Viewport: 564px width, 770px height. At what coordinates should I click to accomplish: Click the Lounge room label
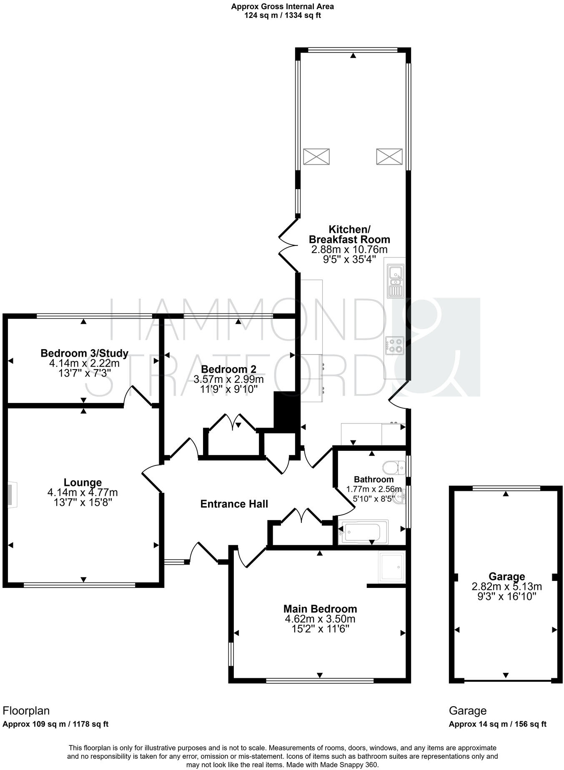point(83,482)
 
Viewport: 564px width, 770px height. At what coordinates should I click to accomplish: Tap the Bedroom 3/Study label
point(84,353)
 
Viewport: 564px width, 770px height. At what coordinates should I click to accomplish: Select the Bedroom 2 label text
point(228,369)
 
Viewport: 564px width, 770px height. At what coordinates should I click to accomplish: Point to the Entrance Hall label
point(234,504)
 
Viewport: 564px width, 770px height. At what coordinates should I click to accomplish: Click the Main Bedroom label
point(320,609)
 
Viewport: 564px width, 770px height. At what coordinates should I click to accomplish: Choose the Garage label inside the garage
point(506,577)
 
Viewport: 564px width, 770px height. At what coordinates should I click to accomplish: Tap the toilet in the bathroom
point(393,467)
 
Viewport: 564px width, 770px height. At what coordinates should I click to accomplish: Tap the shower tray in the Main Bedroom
point(391,567)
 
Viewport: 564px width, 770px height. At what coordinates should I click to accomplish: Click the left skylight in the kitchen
point(316,157)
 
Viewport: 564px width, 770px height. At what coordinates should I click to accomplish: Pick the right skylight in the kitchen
point(389,157)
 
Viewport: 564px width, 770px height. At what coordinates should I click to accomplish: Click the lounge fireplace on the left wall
point(12,495)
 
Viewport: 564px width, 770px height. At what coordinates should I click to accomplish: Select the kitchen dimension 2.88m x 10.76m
point(349,250)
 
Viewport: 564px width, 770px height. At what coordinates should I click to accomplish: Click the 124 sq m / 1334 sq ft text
point(282,16)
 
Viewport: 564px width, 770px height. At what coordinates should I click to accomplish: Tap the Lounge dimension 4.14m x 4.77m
point(83,492)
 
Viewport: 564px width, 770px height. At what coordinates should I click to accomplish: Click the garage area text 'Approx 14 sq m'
point(478,724)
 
